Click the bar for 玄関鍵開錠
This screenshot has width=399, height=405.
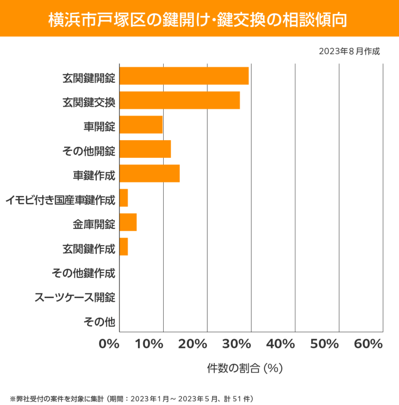pos(184,76)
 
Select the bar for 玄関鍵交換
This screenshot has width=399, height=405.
pos(180,100)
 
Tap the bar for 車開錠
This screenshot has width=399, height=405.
pos(141,124)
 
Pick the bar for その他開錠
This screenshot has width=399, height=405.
pos(145,149)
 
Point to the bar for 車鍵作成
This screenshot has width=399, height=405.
pos(149,173)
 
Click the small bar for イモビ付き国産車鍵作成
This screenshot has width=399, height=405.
pos(124,198)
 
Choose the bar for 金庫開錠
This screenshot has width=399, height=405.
pos(128,222)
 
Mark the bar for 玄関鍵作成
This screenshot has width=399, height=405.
pos(124,247)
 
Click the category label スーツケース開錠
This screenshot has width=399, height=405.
pos(75,297)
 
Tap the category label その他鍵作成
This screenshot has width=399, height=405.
pos(83,272)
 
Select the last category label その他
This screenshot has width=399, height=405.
pos(99,321)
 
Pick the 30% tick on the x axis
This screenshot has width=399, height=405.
pos(239,344)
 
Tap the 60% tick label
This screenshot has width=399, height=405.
pos(368,344)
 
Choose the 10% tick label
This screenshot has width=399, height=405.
pos(151,344)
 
